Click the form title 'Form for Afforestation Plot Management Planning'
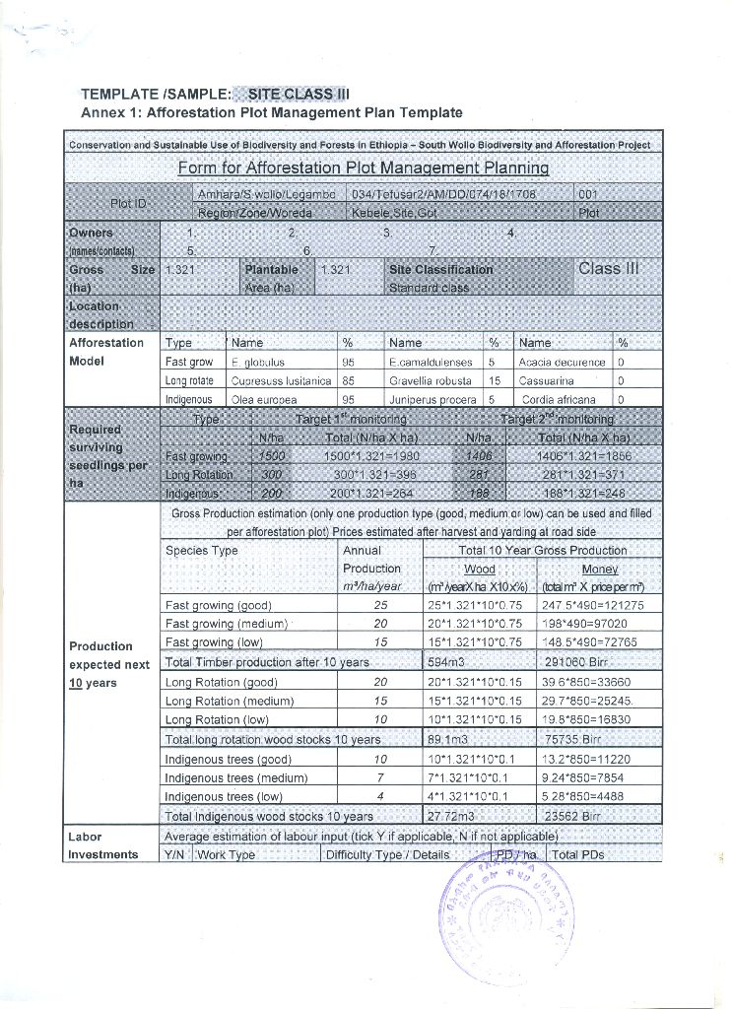click(363, 168)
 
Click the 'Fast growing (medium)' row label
click(226, 625)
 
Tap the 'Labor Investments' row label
click(102, 845)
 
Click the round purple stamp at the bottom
click(500, 908)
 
